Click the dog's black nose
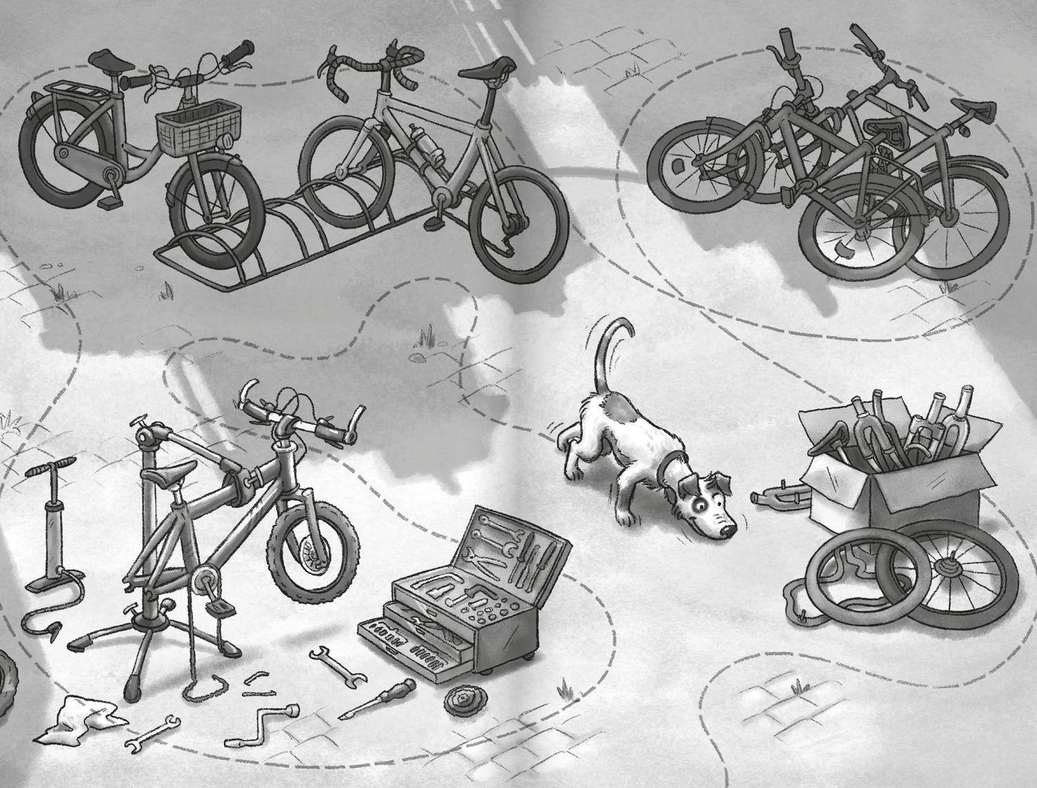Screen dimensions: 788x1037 (727, 531)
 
